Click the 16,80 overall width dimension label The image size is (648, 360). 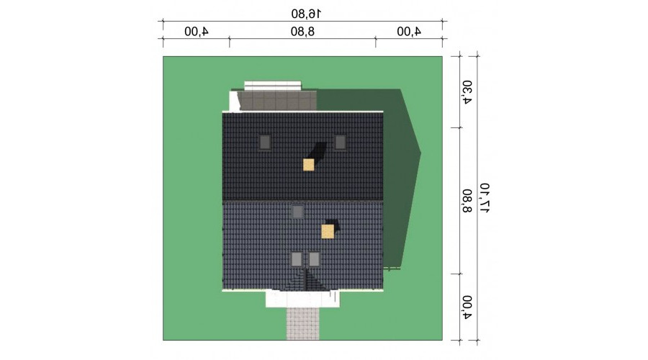pyautogui.click(x=306, y=14)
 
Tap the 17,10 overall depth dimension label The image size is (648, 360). pyautogui.click(x=485, y=198)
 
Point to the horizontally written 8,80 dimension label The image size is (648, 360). pyautogui.click(x=302, y=32)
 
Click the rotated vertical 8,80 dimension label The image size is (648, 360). pyautogui.click(x=467, y=201)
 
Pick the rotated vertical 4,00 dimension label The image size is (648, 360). pyautogui.click(x=467, y=307)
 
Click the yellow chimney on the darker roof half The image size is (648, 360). pyautogui.click(x=309, y=165)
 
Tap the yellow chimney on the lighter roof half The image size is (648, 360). pyautogui.click(x=328, y=231)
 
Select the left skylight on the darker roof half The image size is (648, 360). pyautogui.click(x=265, y=143)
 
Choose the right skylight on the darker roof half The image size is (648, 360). pyautogui.click(x=340, y=143)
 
